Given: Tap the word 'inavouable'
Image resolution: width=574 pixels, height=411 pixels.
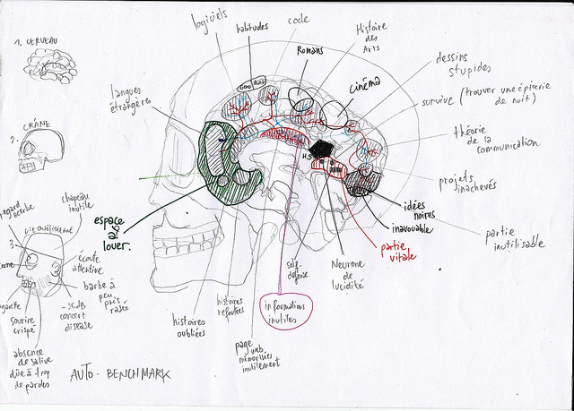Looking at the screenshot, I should (411, 228).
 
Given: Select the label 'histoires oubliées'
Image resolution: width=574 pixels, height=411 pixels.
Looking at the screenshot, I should (189, 326).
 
